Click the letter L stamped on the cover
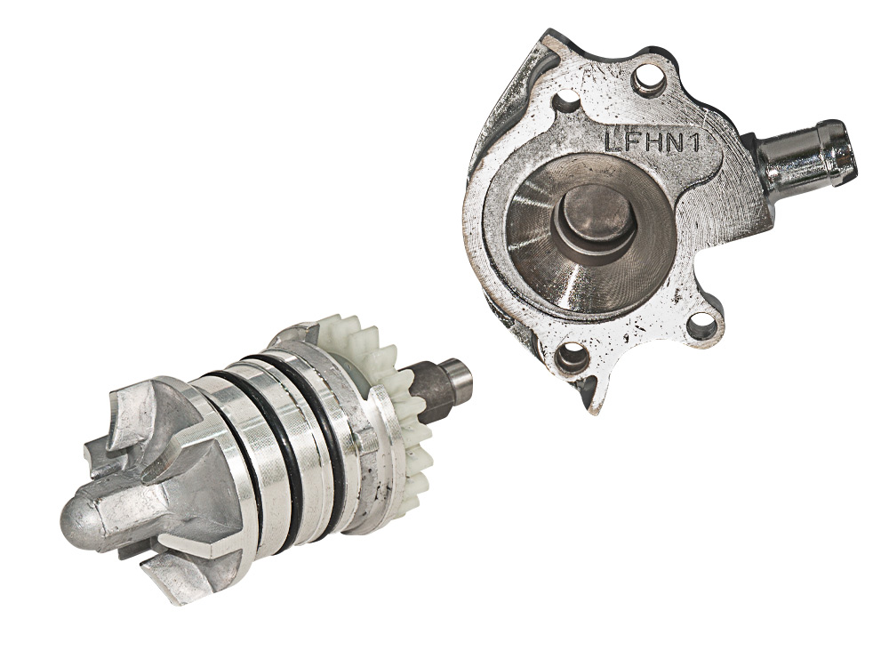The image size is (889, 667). [x=613, y=141]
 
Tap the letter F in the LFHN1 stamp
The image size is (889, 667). [x=631, y=141]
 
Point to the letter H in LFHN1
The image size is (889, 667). [x=651, y=141]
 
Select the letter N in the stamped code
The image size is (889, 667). [x=673, y=141]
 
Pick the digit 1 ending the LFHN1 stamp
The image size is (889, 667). [x=693, y=142]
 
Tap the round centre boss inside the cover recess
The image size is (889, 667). [x=591, y=219]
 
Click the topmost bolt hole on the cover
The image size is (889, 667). [x=647, y=80]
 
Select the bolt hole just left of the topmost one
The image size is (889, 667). [x=568, y=102]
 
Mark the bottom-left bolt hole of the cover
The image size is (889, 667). [x=571, y=359]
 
